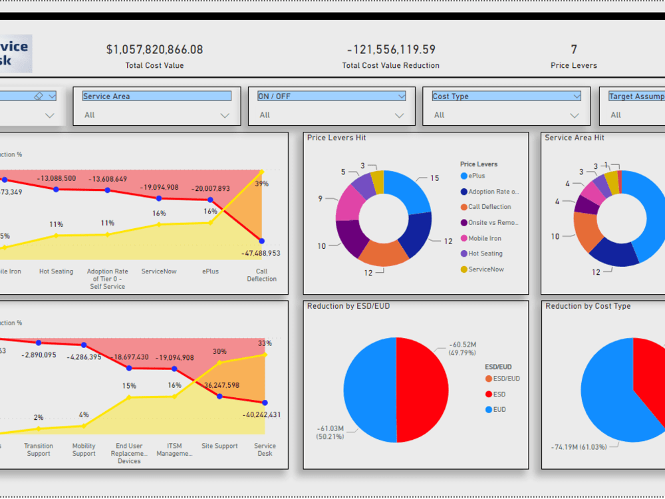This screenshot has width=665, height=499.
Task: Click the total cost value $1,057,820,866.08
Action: [x=154, y=50]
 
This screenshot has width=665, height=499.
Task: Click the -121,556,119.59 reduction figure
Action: [x=391, y=50]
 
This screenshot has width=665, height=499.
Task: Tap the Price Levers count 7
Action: [x=574, y=49]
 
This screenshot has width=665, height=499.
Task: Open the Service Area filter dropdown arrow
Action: [x=225, y=115]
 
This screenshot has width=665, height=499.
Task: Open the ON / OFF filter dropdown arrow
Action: [x=399, y=115]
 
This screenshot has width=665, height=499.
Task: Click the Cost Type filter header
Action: [x=506, y=96]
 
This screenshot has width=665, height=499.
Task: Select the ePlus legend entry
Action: [x=476, y=176]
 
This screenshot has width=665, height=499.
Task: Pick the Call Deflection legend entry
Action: [x=489, y=207]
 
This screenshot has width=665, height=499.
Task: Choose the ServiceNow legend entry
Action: [x=485, y=269]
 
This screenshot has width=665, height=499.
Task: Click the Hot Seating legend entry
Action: [x=485, y=253]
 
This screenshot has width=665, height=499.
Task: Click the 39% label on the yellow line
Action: [x=261, y=184]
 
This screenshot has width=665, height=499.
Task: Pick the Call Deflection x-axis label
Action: [x=261, y=275]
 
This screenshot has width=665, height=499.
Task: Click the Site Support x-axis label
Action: [x=219, y=446]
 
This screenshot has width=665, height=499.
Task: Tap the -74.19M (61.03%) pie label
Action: [x=579, y=446]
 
